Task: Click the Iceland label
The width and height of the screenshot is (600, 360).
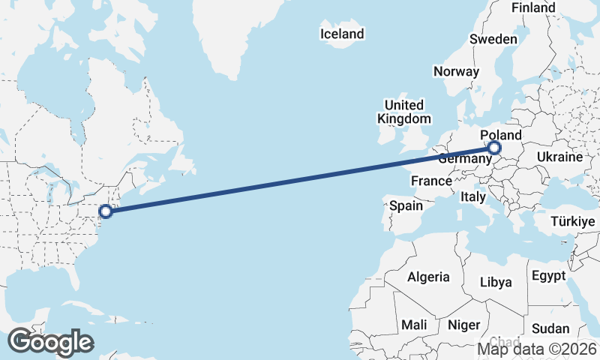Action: tap(341, 34)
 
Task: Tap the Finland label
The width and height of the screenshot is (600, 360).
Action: tap(533, 7)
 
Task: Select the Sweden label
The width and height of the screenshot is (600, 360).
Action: tap(493, 39)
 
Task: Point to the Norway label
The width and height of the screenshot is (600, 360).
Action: tap(456, 72)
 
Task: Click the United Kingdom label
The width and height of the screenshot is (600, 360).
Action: tap(403, 112)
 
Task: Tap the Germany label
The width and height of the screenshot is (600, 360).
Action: tap(464, 159)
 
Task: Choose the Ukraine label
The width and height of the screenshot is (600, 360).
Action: tap(559, 157)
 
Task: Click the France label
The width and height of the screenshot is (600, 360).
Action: tap(431, 181)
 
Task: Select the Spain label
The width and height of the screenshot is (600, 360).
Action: tap(406, 205)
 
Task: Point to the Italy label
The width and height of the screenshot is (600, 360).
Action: tap(473, 196)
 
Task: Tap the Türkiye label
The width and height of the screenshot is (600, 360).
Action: tap(572, 222)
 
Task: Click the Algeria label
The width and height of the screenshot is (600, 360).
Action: tap(428, 277)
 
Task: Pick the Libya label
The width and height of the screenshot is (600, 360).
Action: tap(496, 283)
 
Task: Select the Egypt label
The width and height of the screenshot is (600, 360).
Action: tap(548, 276)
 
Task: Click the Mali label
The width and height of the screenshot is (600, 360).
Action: tap(413, 325)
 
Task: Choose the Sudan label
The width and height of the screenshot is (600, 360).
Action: tap(550, 328)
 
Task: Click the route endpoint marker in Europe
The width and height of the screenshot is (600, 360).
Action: tap(494, 148)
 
